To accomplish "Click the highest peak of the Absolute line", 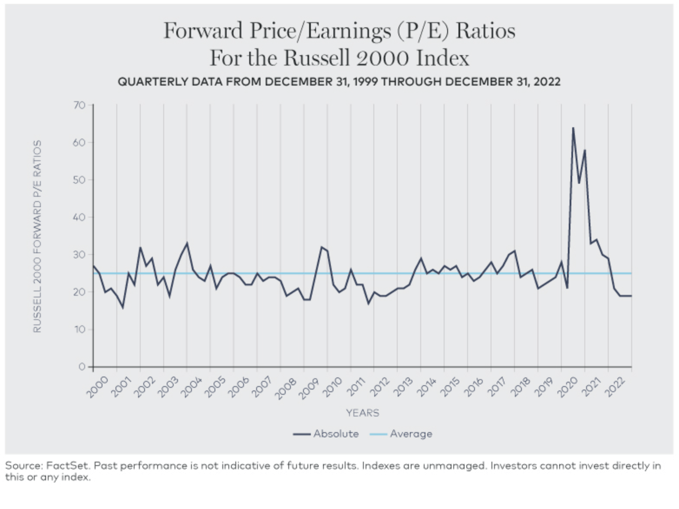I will click(573, 128).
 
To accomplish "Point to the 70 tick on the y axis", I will click(79, 105).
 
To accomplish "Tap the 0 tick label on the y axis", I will click(82, 367).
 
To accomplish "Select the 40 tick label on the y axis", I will click(79, 217).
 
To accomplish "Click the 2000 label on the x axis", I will click(97, 387).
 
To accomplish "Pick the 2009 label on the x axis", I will click(308, 387).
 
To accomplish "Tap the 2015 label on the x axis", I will click(449, 387).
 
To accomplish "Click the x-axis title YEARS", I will click(363, 413).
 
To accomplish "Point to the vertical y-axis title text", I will click(37, 236).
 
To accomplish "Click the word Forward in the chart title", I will click(203, 31).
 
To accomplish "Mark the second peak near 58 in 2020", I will click(585, 150).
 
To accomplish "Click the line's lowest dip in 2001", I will click(123, 307).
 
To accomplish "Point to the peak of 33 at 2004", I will click(187, 243).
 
